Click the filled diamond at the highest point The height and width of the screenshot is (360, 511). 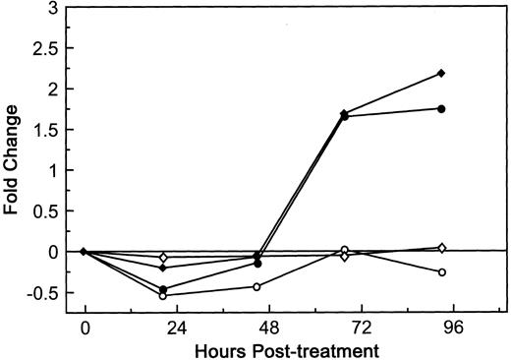point(442,74)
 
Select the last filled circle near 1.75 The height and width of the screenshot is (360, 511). point(442,108)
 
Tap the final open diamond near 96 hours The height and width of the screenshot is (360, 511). point(442,247)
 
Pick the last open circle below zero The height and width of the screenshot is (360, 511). point(442,271)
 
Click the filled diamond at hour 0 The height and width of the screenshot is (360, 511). point(85,251)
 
